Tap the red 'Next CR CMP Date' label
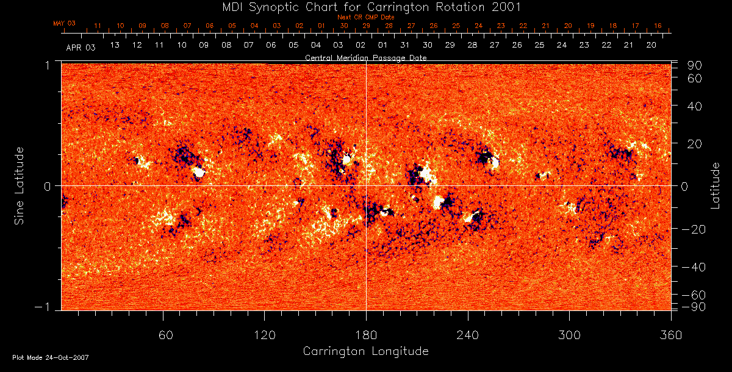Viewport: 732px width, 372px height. [x=366, y=18]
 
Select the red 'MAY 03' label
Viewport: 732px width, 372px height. [x=64, y=24]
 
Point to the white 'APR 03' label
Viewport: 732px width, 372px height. [x=81, y=46]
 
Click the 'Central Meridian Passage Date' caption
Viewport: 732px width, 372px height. [x=365, y=58]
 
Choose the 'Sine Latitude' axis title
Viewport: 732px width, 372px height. [x=20, y=185]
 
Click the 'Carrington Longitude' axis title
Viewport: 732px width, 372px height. [x=365, y=351]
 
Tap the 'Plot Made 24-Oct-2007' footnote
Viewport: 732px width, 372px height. [x=51, y=357]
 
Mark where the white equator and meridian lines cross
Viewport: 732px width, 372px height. [x=366, y=185]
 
